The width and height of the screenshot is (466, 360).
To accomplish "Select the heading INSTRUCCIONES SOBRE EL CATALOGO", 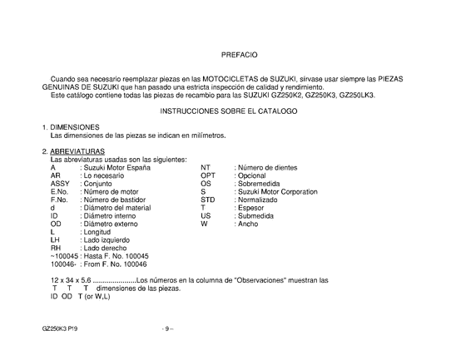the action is point(239,110).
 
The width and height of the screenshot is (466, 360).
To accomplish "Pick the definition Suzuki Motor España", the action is point(116,168).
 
